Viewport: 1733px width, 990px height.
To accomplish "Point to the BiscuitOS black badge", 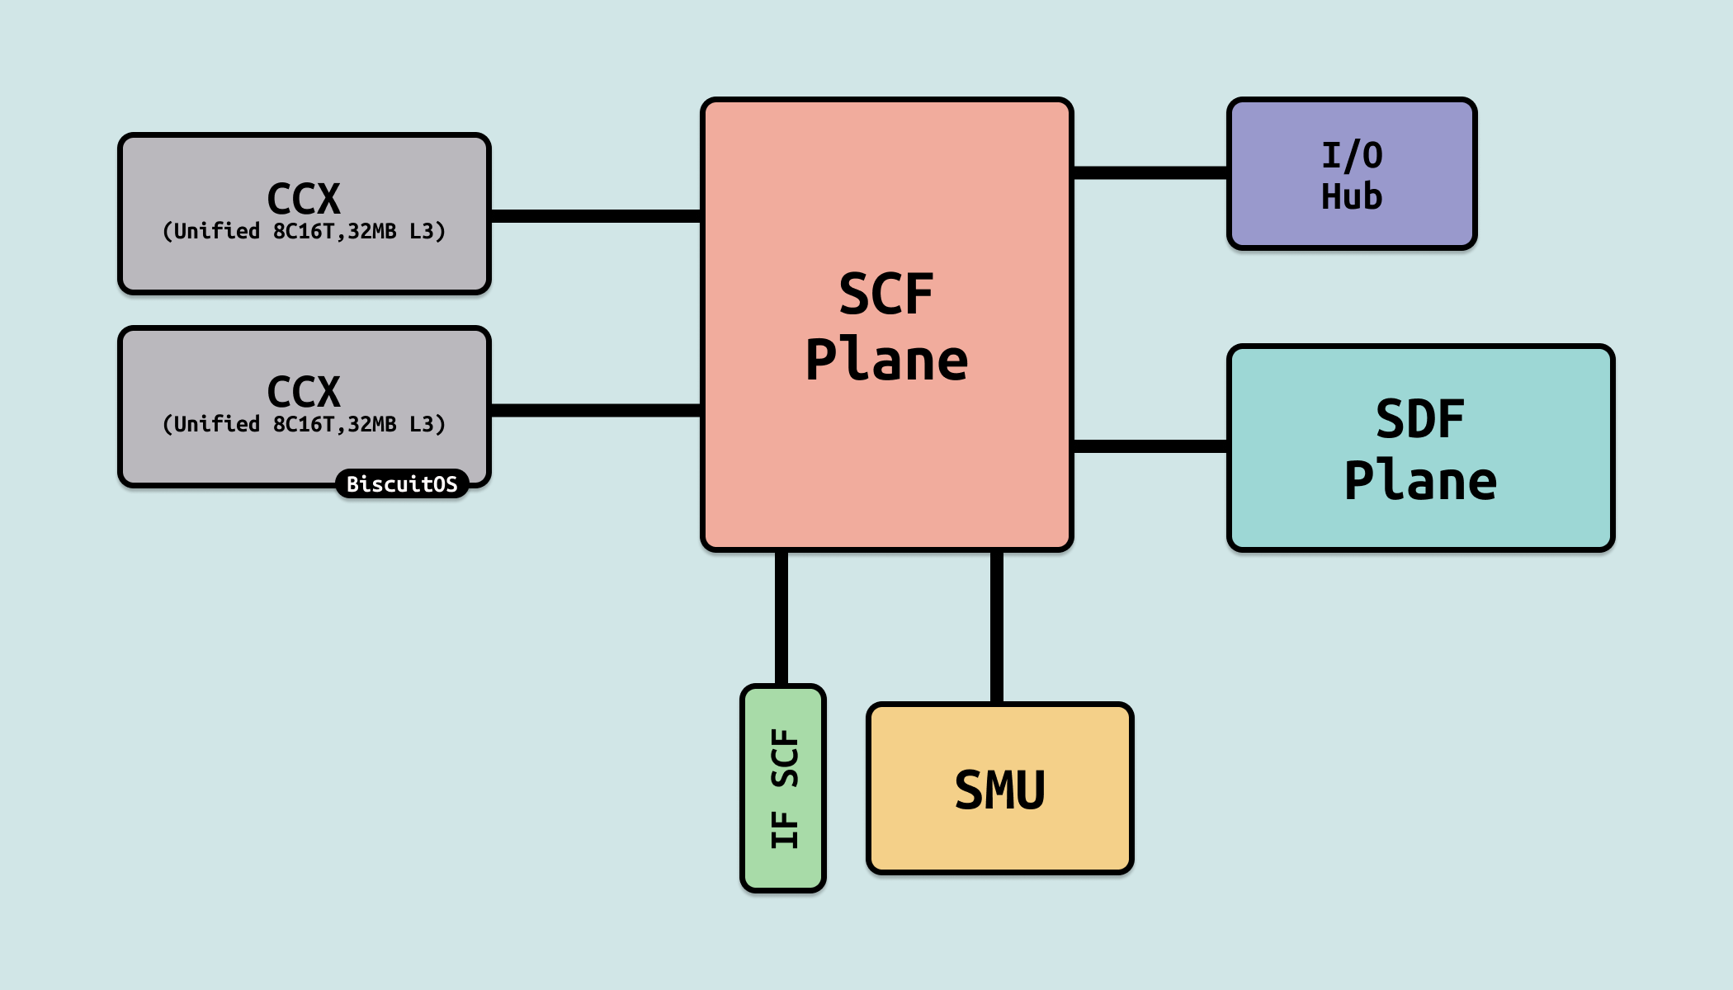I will click(x=402, y=483).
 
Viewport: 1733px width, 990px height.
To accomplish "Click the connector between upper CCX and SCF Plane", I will click(x=596, y=216).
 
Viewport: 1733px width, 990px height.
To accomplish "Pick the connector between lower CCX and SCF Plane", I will click(x=596, y=410).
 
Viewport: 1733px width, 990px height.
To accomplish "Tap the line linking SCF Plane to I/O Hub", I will click(x=1150, y=172).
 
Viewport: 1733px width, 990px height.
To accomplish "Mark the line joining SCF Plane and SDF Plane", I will click(x=1150, y=446).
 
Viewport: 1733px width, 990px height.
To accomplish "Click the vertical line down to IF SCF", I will click(x=782, y=619).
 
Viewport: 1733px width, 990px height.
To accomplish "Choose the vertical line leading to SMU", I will click(x=997, y=627).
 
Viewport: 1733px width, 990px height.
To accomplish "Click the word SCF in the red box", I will click(x=886, y=295).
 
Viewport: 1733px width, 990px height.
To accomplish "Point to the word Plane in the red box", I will click(x=886, y=361).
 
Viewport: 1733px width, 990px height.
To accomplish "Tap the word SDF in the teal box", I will click(x=1419, y=419).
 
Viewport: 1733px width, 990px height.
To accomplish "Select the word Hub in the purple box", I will click(x=1352, y=197).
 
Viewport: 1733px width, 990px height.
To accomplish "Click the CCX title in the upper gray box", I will click(x=304, y=199).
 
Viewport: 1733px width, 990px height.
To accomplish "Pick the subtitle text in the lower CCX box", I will click(x=304, y=424).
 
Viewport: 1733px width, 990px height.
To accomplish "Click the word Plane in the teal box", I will click(x=1419, y=482).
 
